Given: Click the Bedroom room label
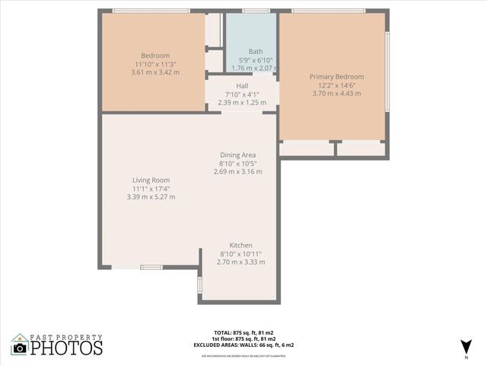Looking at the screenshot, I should click(x=155, y=56).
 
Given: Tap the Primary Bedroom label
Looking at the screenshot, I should click(x=336, y=76).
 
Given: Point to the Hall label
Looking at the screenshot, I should click(x=242, y=85).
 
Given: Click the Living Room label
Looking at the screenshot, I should click(x=151, y=180).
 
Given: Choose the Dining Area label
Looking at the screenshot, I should click(x=237, y=155).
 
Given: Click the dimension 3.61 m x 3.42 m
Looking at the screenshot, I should click(x=155, y=72).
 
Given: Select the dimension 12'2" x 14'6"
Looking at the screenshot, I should click(x=336, y=85).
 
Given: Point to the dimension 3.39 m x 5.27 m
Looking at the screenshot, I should click(x=151, y=197).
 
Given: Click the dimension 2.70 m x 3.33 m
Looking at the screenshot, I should click(x=241, y=262).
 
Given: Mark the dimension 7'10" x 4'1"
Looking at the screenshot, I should click(x=242, y=94).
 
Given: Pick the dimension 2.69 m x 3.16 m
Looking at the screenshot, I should click(x=237, y=172).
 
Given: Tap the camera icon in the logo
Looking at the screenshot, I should click(x=20, y=348).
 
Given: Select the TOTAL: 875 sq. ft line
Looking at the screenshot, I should click(x=243, y=332).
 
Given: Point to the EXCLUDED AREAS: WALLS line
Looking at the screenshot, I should click(x=243, y=345).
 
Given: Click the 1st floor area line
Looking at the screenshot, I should click(x=243, y=339).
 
